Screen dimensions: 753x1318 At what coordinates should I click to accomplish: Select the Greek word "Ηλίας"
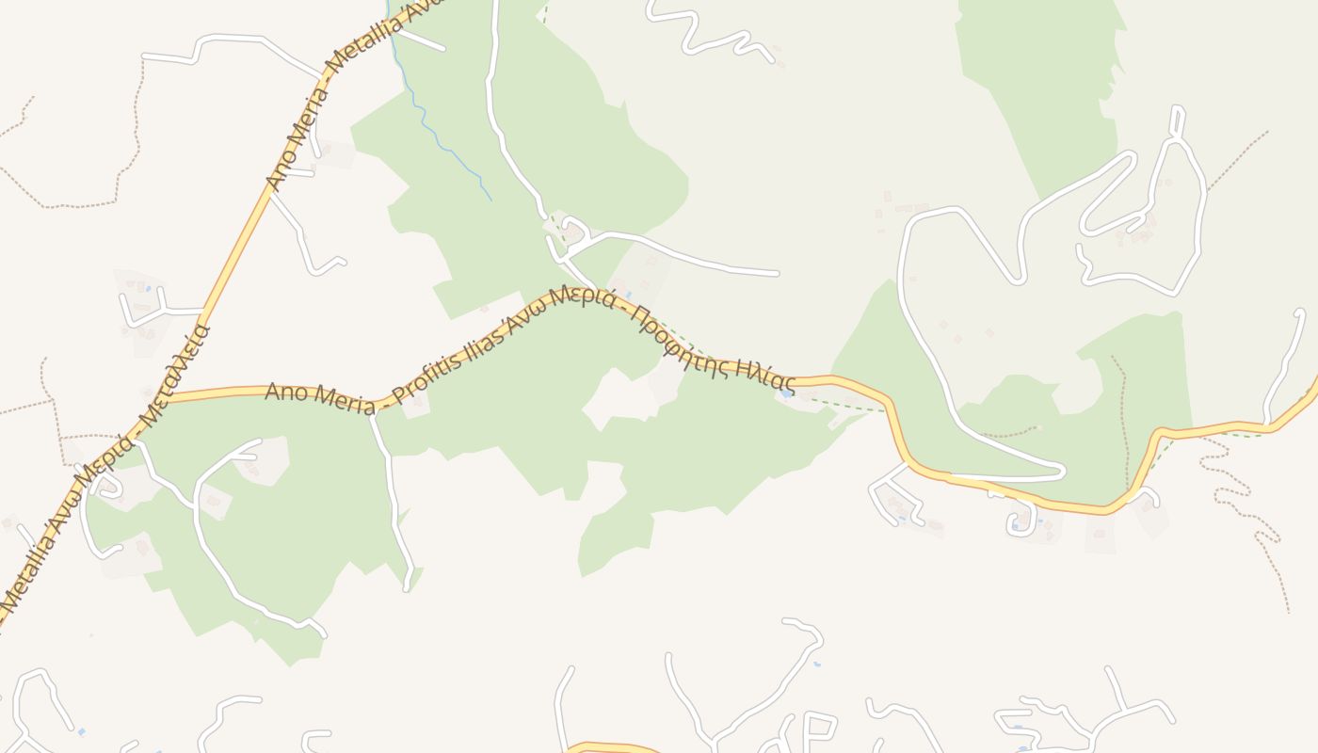click(766, 377)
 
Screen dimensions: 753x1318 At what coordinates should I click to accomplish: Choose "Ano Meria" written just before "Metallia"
click(297, 132)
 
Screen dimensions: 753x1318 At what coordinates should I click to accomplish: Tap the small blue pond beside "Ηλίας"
click(787, 393)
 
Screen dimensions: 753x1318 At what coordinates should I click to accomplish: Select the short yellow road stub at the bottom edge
click(612, 747)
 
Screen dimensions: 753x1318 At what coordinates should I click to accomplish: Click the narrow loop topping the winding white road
click(1176, 120)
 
